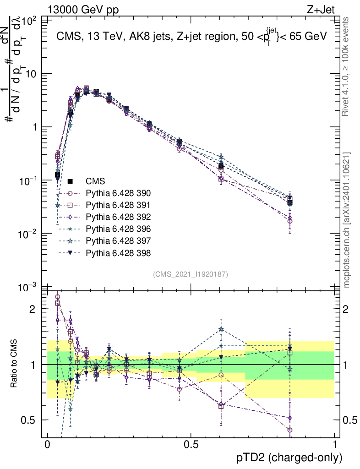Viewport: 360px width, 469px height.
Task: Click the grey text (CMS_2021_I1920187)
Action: [191, 274]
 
